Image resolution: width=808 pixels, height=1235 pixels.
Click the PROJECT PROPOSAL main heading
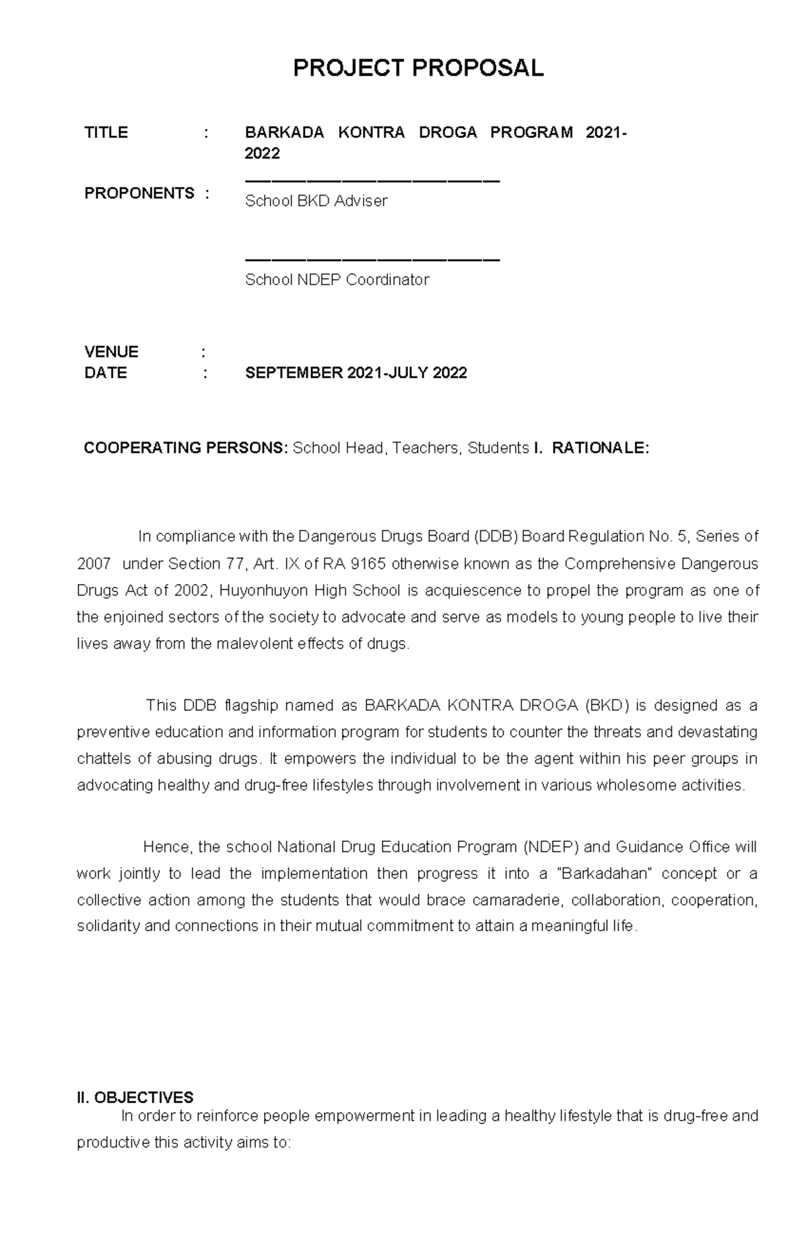[x=417, y=68]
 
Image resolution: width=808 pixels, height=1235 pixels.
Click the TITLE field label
[x=106, y=133]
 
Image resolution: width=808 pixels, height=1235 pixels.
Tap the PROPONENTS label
[x=139, y=193]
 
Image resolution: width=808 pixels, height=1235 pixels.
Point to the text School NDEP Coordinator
[x=337, y=280]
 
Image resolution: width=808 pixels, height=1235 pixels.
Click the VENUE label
[x=111, y=352]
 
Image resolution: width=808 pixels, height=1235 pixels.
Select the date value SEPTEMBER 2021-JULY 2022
[x=356, y=374]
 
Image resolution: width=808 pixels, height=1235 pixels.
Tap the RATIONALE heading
[x=600, y=448]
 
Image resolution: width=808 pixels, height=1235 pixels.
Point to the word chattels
[x=104, y=759]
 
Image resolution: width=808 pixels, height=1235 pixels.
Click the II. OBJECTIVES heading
[x=135, y=1098]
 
